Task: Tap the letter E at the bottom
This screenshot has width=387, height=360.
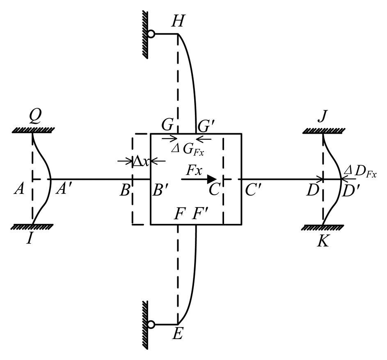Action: (178, 335)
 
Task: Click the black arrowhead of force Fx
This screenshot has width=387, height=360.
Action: (211, 179)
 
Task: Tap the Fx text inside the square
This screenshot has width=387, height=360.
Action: (193, 170)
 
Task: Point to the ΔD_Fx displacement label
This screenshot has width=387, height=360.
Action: (360, 173)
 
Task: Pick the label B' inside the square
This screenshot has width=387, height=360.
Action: (160, 190)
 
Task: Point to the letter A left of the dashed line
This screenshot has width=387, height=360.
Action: (19, 190)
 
